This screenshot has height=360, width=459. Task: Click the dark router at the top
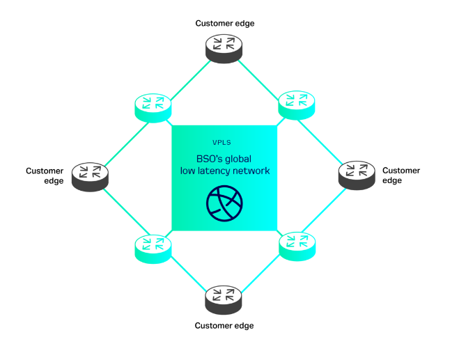(224, 48)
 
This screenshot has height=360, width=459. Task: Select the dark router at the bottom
(224, 299)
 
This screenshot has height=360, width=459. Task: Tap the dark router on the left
(90, 176)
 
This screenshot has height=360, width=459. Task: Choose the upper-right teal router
(297, 104)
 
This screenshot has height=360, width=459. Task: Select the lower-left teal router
(153, 248)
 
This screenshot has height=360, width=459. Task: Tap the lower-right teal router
(297, 245)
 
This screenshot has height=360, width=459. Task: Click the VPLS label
(221, 143)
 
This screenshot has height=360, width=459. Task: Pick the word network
(251, 171)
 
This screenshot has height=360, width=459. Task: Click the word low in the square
(187, 171)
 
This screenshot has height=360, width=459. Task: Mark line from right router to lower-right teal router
(327, 210)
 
